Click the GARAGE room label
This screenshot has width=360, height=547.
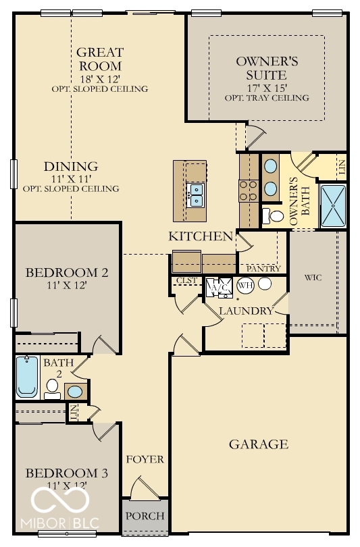(259, 444)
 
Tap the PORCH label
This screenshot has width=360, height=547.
(145, 517)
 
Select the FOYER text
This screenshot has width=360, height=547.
(145, 460)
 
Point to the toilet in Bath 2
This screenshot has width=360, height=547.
(51, 387)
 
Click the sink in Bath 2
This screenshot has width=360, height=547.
(75, 391)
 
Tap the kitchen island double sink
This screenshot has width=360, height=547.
(196, 194)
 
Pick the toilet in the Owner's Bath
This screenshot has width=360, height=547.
(275, 217)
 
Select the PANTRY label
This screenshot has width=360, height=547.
(259, 269)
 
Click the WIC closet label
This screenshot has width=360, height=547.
(312, 277)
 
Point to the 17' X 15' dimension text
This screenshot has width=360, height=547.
(267, 88)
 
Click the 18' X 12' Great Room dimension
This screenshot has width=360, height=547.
(99, 78)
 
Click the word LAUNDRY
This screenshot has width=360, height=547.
(246, 311)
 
